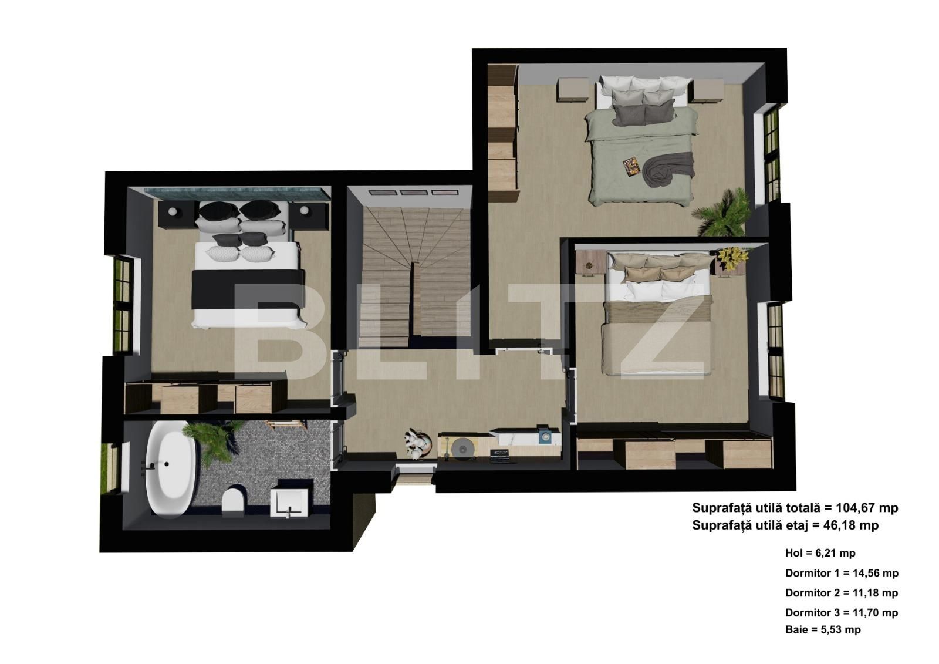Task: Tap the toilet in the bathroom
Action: (233, 502)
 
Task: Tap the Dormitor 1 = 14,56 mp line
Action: (841, 573)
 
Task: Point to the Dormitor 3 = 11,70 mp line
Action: (841, 613)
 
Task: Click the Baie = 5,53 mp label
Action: (822, 630)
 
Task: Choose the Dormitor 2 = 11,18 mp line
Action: (841, 593)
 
